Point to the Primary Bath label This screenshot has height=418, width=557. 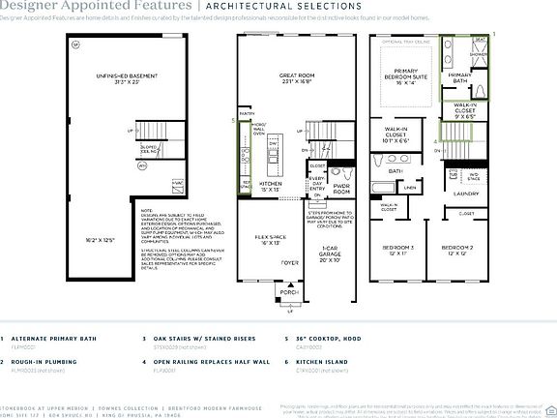(460, 77)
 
